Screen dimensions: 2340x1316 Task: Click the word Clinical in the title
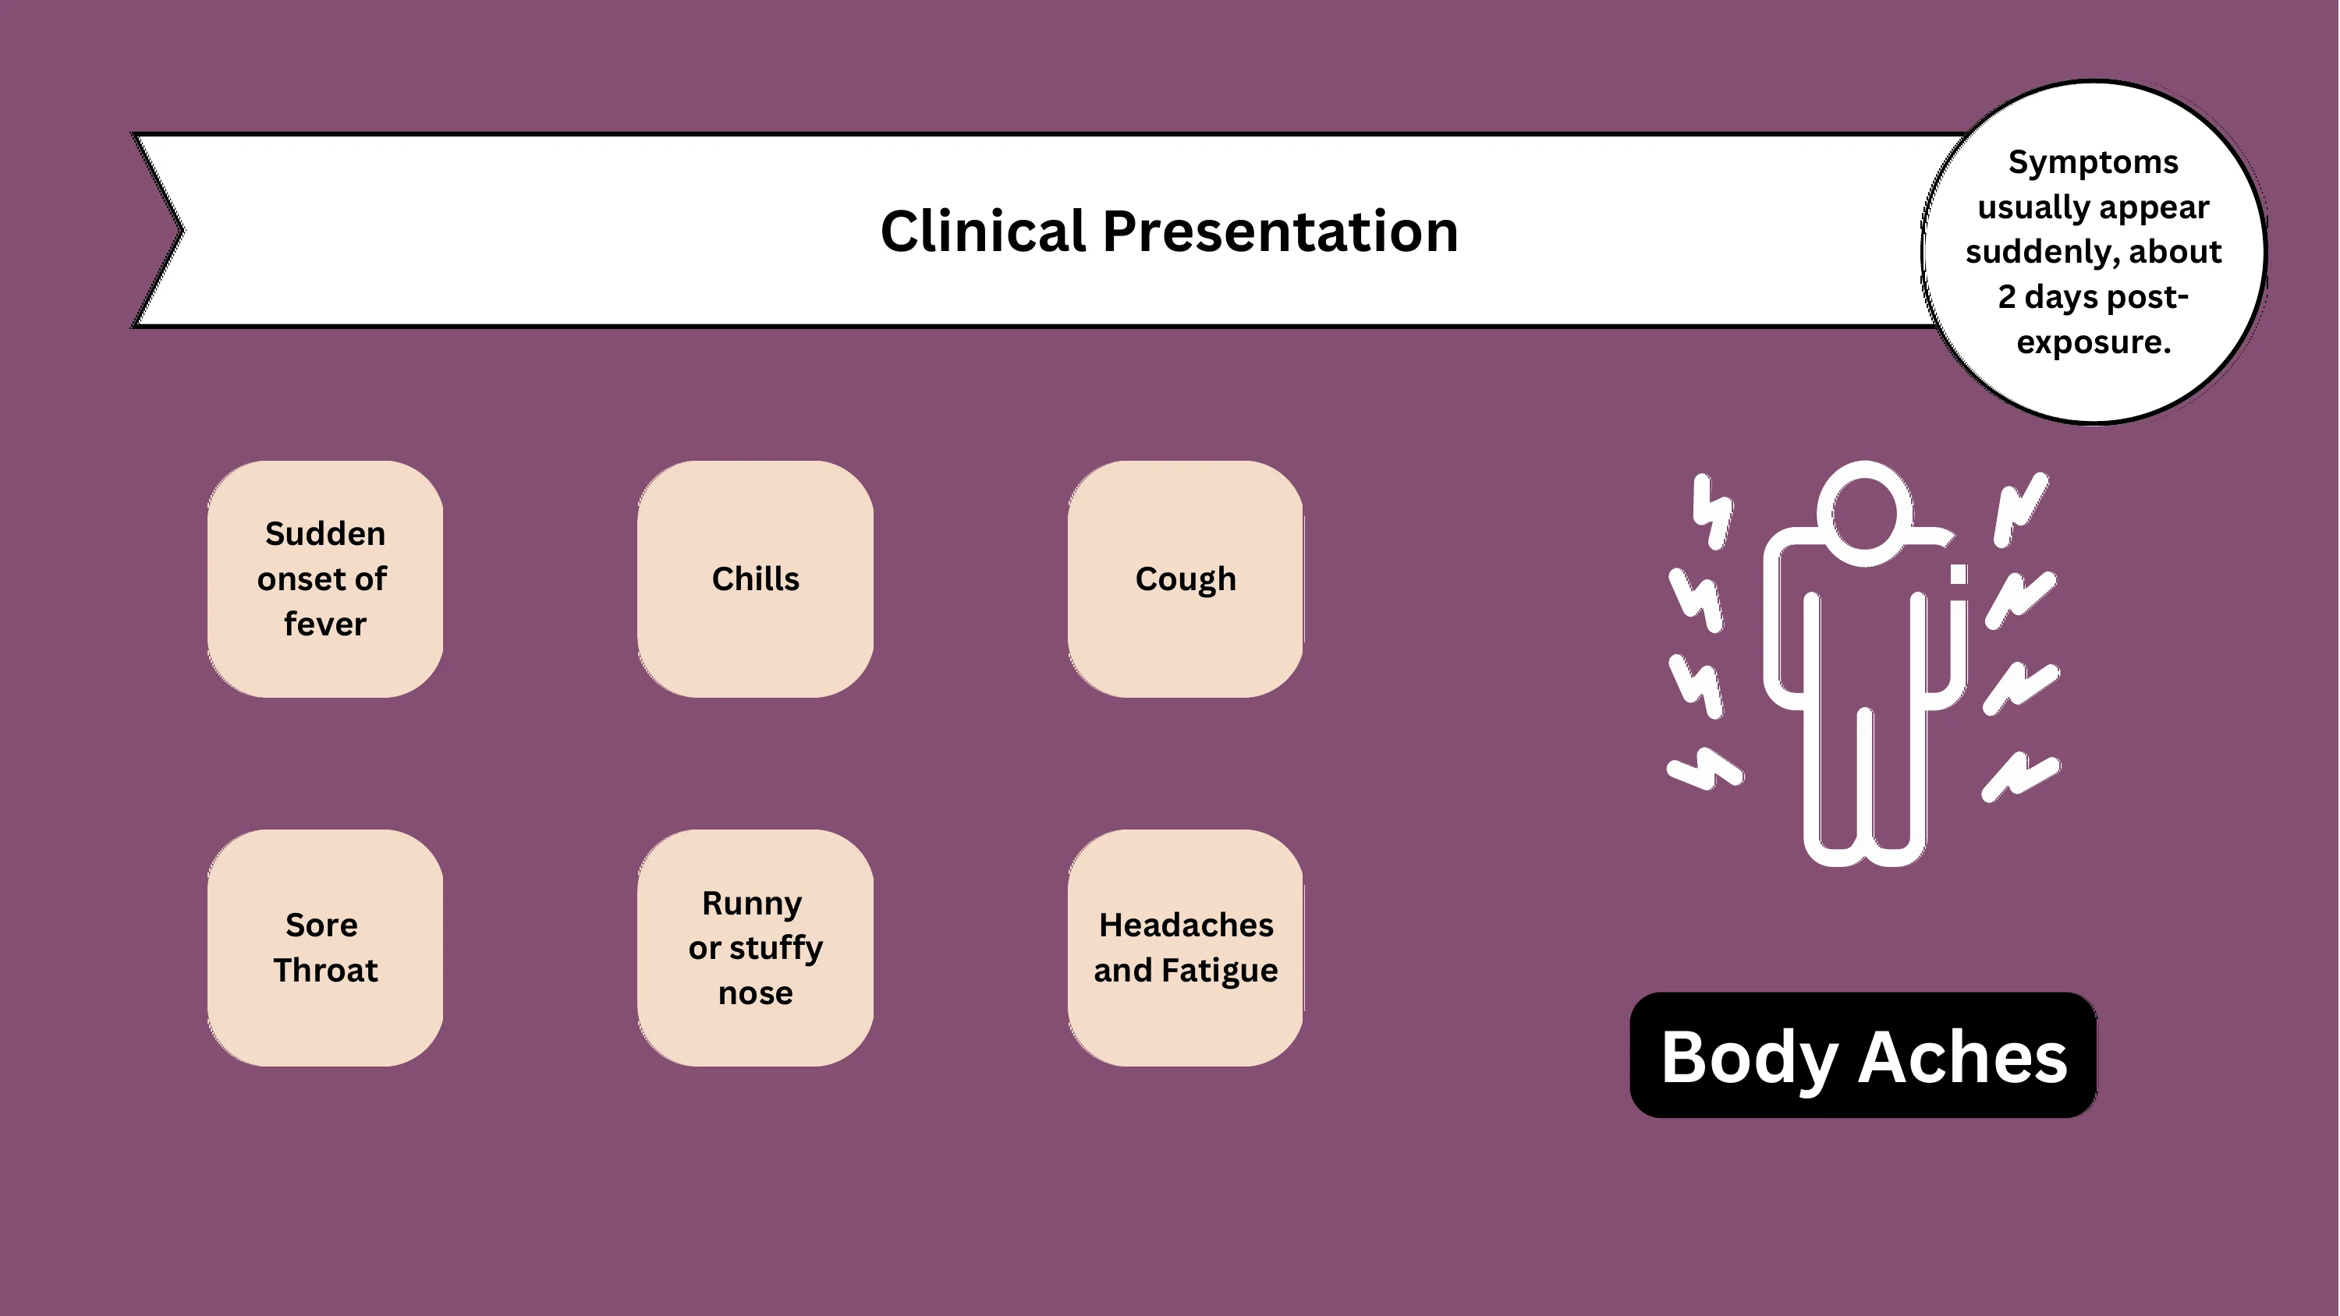[983, 231]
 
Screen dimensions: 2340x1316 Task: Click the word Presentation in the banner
[1281, 231]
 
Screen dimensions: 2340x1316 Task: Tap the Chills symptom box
[755, 578]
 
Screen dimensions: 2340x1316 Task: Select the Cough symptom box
[1186, 578]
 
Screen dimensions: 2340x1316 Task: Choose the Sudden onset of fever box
[325, 578]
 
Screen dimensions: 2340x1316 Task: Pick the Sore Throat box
[325, 947]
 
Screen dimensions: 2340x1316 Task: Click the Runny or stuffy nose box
[755, 947]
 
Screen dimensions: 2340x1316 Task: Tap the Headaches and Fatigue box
[1186, 947]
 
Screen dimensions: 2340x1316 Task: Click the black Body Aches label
[1863, 1056]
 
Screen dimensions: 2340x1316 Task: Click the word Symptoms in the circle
[2093, 163]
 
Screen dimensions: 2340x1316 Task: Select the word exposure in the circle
[2093, 343]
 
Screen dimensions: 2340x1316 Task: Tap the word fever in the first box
[325, 624]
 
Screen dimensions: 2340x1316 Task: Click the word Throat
[325, 970]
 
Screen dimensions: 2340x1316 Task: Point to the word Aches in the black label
[1963, 1057]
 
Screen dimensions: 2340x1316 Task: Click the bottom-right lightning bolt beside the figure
[2021, 777]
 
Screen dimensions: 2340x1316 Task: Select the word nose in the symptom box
[755, 993]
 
